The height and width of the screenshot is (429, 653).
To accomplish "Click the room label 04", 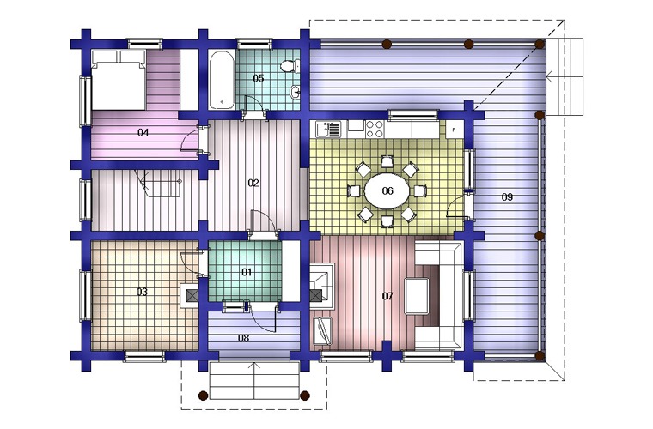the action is (143, 133).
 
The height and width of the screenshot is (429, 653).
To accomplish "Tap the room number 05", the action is (259, 78).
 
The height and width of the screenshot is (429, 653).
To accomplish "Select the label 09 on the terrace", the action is (507, 197).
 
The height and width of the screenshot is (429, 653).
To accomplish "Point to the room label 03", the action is (142, 292).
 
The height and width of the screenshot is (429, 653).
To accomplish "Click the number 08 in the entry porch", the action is (244, 338).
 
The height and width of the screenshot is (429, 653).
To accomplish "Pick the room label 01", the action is (247, 272).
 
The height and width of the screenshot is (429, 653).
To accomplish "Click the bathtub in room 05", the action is (222, 80).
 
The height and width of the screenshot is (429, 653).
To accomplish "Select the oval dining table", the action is (387, 190).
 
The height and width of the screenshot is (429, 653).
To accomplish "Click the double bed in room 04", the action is (119, 80).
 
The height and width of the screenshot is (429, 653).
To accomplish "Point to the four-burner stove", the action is (375, 129).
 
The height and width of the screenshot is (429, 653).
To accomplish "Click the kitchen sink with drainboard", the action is (328, 129).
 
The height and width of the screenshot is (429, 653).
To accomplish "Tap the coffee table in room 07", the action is (417, 296).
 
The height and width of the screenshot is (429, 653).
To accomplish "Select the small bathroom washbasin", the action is (296, 92).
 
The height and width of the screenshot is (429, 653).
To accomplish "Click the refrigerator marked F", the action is (454, 130).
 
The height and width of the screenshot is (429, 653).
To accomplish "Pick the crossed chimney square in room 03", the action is (192, 296).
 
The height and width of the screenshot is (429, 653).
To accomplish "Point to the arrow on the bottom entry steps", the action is (254, 381).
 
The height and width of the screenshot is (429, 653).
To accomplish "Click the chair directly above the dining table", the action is (387, 161).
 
